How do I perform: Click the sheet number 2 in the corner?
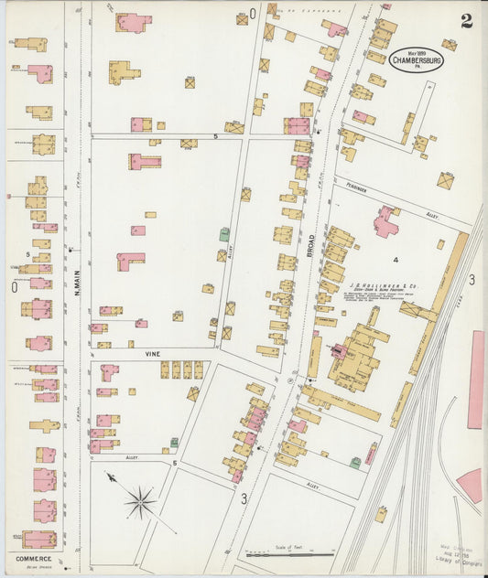(x=466, y=21)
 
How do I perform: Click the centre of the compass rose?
(x=140, y=500)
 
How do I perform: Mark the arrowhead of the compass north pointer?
(x=108, y=475)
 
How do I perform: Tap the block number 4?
(x=396, y=260)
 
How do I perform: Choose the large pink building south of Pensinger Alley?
(x=385, y=222)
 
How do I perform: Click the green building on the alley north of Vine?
(x=223, y=235)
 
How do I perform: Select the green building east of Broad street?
(x=354, y=463)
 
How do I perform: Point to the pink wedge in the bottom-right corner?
(x=471, y=485)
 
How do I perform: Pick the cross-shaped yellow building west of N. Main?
(x=46, y=425)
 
